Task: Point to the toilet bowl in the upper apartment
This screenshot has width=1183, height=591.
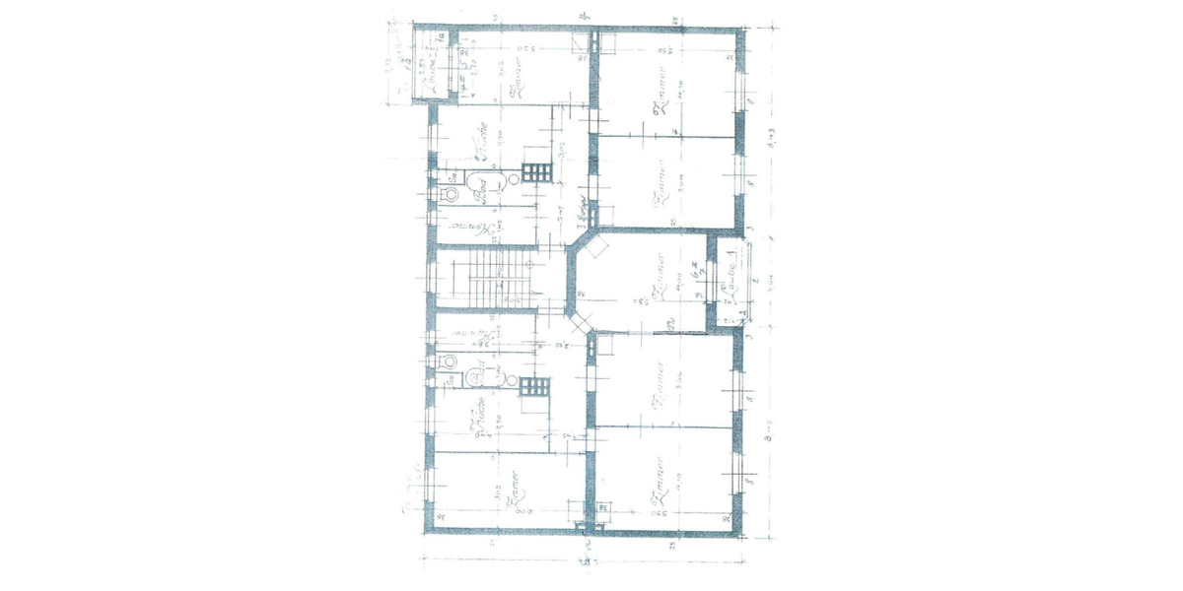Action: click(x=452, y=195)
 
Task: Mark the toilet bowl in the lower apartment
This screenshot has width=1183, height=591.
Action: click(x=452, y=361)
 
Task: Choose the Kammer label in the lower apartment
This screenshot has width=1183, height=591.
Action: click(x=483, y=335)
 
